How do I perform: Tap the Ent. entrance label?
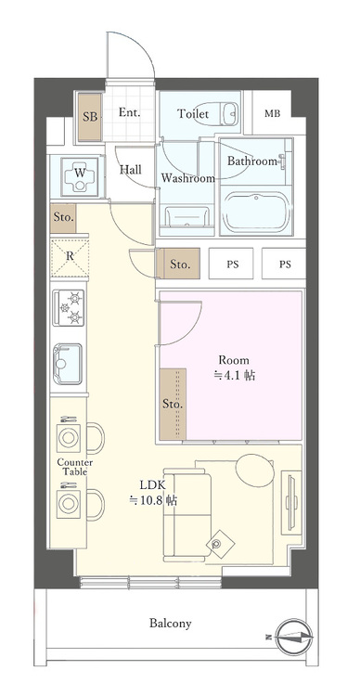pos(130,113)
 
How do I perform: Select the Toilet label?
pos(194,114)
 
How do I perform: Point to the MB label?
pos(272,114)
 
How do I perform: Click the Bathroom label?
pos(253,161)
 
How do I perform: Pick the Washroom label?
pos(187,177)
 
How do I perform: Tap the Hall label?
pos(131,171)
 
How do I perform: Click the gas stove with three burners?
pos(70,308)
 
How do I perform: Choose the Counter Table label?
pos(73,466)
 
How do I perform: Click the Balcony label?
pos(171,624)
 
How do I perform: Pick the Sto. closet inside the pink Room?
pos(173,405)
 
